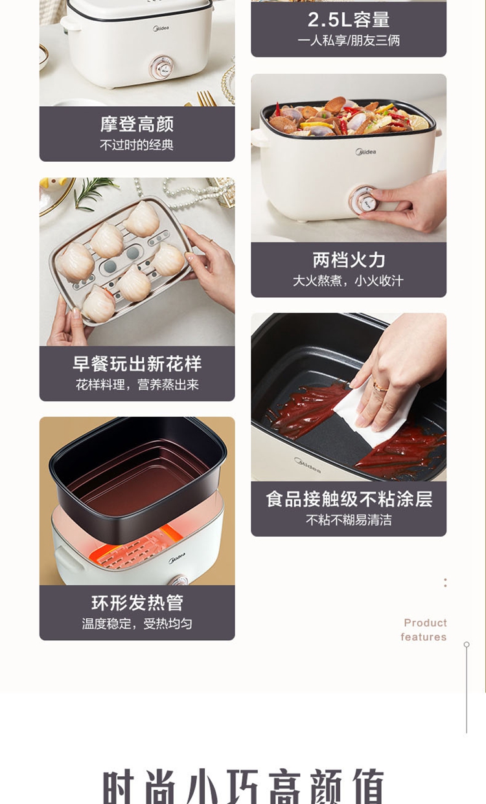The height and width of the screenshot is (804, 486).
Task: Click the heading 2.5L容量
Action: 349,19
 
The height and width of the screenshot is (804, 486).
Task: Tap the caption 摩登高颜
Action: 137,124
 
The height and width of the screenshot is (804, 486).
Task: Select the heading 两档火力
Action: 349,260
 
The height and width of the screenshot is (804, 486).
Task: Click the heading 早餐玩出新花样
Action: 137,364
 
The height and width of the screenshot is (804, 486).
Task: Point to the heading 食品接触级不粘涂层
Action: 349,499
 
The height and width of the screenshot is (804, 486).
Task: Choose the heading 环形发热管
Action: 137,603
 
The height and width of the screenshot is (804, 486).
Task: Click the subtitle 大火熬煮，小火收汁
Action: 348,281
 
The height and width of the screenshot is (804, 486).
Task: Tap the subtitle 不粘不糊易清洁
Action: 349,520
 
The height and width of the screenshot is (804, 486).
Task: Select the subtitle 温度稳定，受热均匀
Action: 137,624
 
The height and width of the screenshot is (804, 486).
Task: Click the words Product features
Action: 424,630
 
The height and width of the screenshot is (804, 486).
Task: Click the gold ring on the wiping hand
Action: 380,386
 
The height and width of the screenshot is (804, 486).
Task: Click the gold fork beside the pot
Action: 206,98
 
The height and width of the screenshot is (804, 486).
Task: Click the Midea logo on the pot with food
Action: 365,152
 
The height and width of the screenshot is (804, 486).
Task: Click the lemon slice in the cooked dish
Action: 418,122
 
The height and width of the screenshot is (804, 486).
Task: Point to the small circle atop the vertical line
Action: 467,645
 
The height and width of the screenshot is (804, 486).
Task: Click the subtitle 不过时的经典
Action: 137,145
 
